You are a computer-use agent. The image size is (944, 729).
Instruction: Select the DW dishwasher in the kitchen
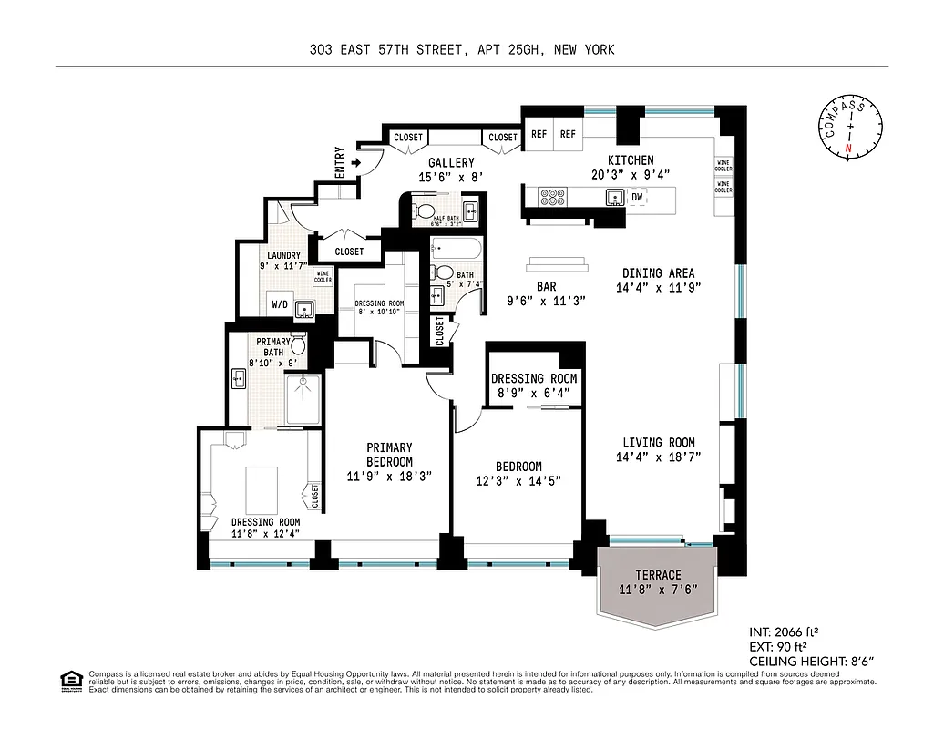[637, 197]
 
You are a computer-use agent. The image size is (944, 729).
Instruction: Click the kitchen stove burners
[552, 197]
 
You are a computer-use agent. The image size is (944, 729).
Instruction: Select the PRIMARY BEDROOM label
[389, 454]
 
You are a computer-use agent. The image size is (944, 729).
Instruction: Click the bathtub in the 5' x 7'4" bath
[449, 246]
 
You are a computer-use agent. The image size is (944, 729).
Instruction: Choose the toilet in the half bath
[424, 212]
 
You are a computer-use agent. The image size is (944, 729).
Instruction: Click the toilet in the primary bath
[297, 344]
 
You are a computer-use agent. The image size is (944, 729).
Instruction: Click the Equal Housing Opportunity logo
[69, 680]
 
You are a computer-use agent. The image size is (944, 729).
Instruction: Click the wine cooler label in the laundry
[323, 276]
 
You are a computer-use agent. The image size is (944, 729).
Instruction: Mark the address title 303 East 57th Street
[462, 50]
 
